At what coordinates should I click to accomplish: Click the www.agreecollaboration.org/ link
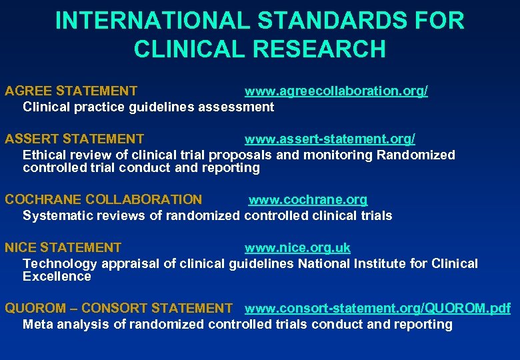pyautogui.click(x=336, y=91)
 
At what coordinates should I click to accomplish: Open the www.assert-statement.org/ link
pyautogui.click(x=330, y=139)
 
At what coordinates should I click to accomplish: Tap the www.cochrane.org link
pyautogui.click(x=308, y=200)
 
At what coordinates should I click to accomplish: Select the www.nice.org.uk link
pyautogui.click(x=297, y=248)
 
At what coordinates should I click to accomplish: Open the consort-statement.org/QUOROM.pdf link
pyautogui.click(x=377, y=309)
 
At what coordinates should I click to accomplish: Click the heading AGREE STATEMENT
pyautogui.click(x=71, y=91)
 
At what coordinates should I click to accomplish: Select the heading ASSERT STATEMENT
pyautogui.click(x=74, y=139)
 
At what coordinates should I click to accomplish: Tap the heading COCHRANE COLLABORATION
pyautogui.click(x=103, y=200)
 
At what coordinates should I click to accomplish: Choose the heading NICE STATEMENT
pyautogui.click(x=63, y=248)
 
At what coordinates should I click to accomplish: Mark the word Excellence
pyautogui.click(x=57, y=276)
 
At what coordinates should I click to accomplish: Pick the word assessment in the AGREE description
pyautogui.click(x=237, y=107)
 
